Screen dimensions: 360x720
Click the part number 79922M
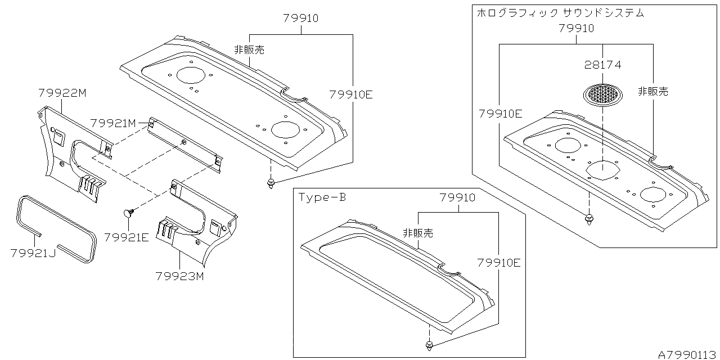(62, 93)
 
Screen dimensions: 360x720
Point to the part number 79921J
(33, 254)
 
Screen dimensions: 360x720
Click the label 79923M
(179, 276)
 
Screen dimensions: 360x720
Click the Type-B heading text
(322, 197)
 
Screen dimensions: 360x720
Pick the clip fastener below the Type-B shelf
(429, 344)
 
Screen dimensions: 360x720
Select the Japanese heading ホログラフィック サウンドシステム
(560, 13)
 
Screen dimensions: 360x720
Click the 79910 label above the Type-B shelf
(457, 198)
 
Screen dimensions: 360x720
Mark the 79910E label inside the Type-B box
(499, 263)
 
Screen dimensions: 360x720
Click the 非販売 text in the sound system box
(652, 91)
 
